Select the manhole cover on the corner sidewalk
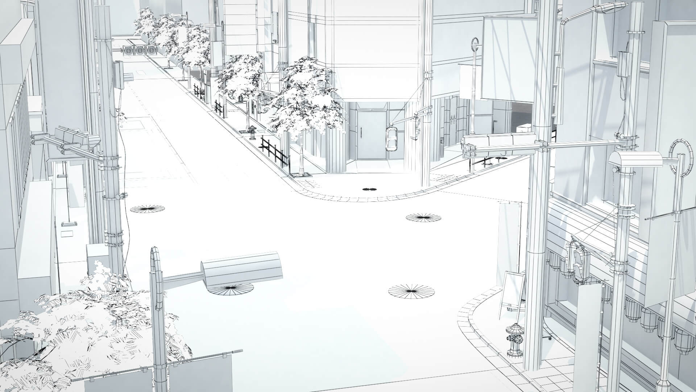(x=370, y=189)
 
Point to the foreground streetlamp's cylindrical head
(x=242, y=270)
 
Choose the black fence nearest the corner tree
(x=274, y=152)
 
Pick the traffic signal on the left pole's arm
(x=70, y=139)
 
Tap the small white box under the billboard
(x=523, y=128)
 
